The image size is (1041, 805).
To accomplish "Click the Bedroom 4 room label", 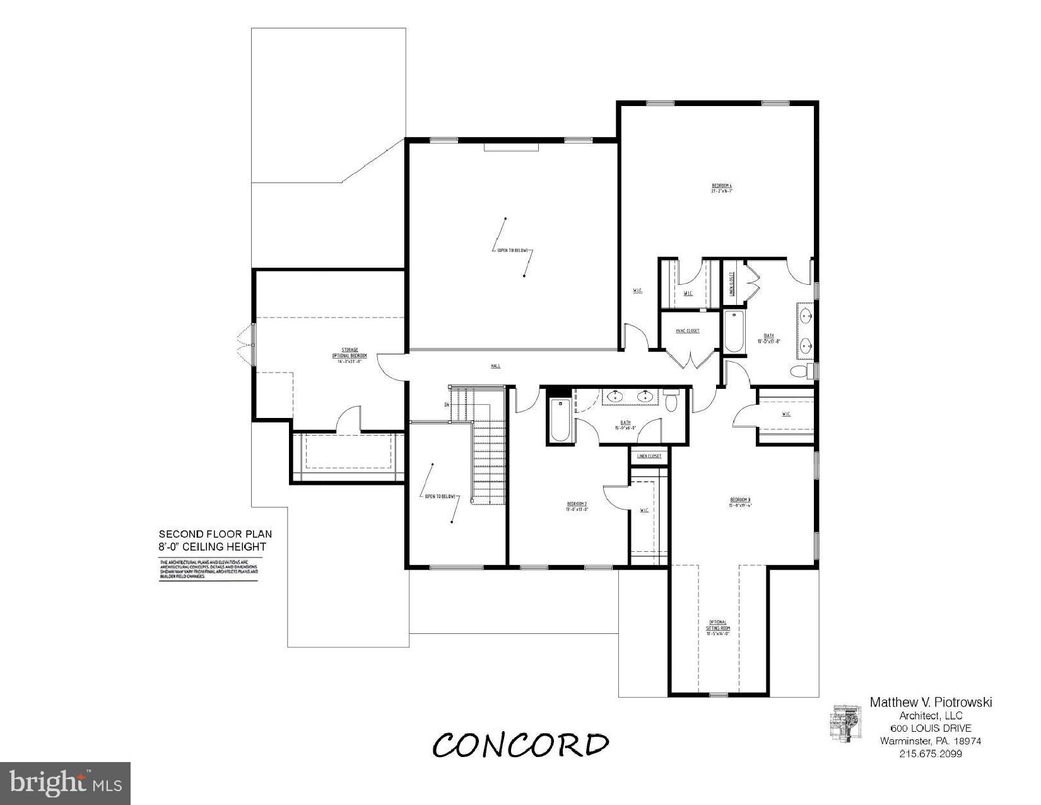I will tap(721, 188).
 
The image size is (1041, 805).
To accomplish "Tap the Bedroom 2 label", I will tap(577, 506).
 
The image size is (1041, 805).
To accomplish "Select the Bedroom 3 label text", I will tap(739, 502).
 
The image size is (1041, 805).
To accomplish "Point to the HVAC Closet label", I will tap(688, 331).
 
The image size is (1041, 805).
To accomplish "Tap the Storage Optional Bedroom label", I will tap(350, 355).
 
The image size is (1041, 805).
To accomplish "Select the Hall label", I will tap(496, 366).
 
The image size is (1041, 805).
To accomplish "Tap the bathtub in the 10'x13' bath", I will tap(733, 332).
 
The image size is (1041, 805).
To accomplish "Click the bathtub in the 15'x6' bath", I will tap(560, 420).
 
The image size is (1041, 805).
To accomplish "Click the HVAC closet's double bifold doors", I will tap(693, 360).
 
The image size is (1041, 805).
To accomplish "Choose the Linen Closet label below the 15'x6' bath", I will tap(649, 456).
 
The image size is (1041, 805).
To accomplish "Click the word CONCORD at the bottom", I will tap(520, 745).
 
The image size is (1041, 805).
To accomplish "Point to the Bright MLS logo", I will tap(66, 784).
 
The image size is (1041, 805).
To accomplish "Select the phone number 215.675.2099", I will tap(930, 754).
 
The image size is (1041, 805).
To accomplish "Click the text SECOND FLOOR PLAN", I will tap(215, 534).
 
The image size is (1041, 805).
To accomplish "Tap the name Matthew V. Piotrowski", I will tap(931, 702).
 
